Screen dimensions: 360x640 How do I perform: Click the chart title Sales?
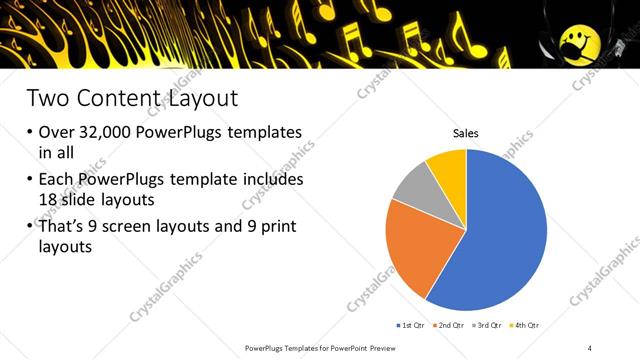(466, 132)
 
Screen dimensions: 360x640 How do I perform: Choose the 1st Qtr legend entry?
(412, 325)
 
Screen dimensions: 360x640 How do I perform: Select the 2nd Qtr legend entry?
(449, 325)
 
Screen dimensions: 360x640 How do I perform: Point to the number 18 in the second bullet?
(52, 198)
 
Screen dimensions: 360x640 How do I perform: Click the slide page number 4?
(590, 347)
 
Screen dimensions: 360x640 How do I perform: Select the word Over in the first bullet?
(58, 132)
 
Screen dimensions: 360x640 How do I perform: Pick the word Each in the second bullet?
(58, 180)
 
